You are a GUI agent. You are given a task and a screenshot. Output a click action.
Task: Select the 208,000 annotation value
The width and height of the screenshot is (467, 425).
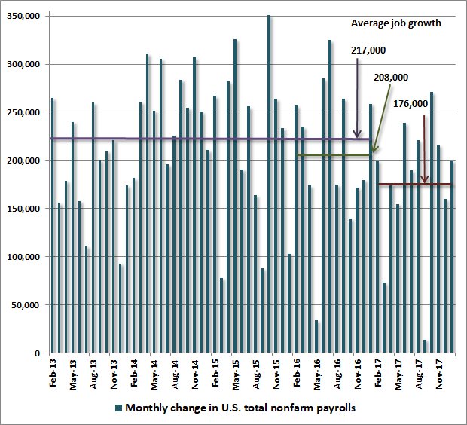point(391,78)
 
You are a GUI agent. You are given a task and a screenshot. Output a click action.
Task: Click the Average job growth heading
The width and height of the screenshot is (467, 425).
point(395,23)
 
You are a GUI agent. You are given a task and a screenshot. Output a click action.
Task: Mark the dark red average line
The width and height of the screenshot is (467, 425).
point(414,184)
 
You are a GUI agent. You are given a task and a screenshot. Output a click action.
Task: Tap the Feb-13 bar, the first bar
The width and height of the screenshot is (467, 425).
point(52,226)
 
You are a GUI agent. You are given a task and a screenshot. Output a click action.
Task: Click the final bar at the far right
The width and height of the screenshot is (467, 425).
point(452,256)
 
